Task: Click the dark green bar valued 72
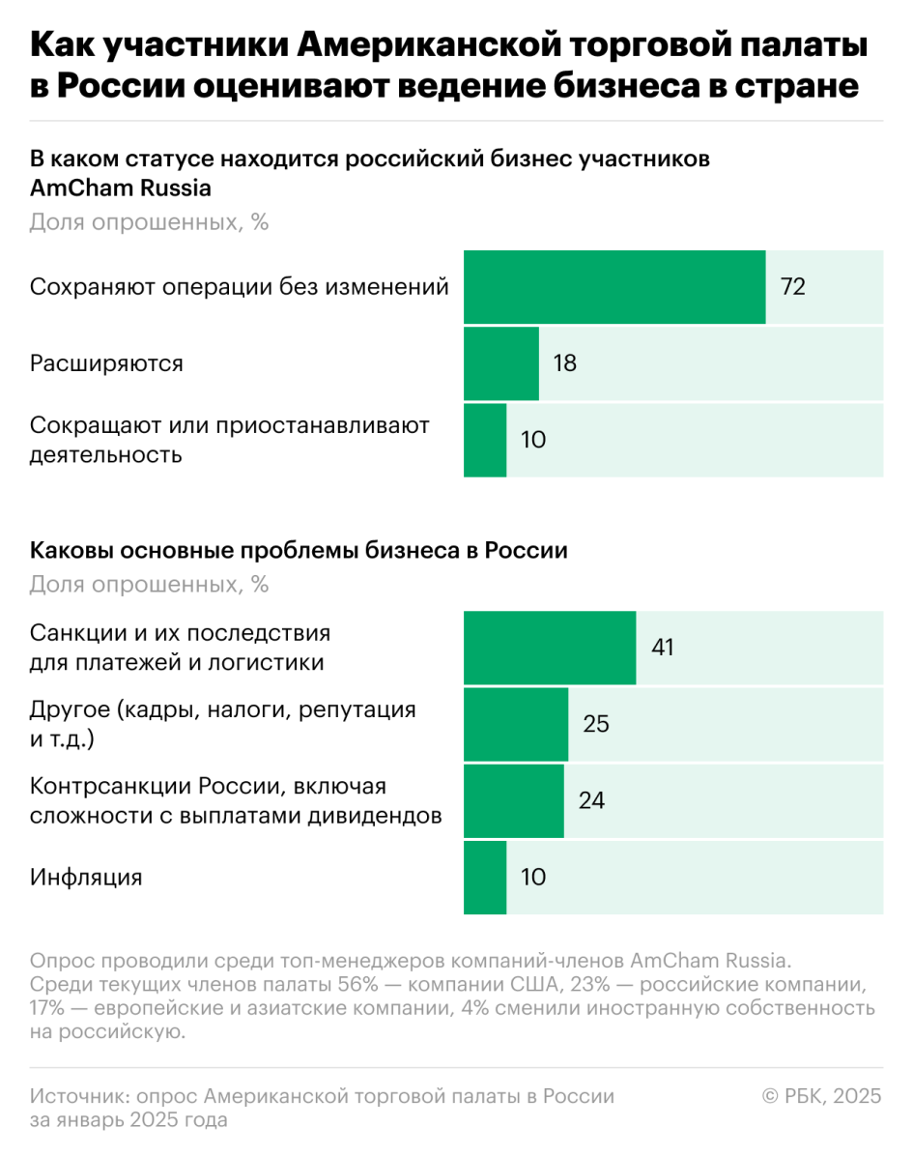pos(614,287)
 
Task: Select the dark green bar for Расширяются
pos(501,363)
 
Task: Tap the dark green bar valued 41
pos(550,647)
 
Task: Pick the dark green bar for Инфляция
pos(485,878)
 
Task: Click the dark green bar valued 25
pos(516,723)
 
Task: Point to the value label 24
pos(591,800)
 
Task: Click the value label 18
pos(564,363)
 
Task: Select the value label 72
pos(792,287)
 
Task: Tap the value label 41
pos(662,647)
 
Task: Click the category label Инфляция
pos(86,878)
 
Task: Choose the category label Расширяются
pos(106,363)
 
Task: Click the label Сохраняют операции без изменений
pos(239,287)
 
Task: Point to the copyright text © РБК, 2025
pos(822,1096)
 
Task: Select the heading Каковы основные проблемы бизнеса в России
pos(299,551)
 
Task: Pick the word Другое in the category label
pos(69,710)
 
